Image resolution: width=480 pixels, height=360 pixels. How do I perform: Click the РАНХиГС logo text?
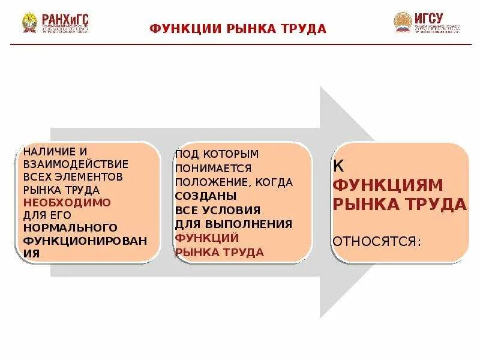click(64, 19)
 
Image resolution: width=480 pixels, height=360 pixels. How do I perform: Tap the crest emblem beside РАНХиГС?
click(29, 23)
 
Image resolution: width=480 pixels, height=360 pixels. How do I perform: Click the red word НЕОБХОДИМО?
click(67, 202)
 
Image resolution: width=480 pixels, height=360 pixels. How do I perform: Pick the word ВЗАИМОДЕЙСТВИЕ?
click(76, 164)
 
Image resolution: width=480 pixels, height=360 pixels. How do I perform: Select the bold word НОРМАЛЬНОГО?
click(70, 227)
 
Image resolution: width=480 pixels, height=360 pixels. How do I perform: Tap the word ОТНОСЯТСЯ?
click(377, 241)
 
